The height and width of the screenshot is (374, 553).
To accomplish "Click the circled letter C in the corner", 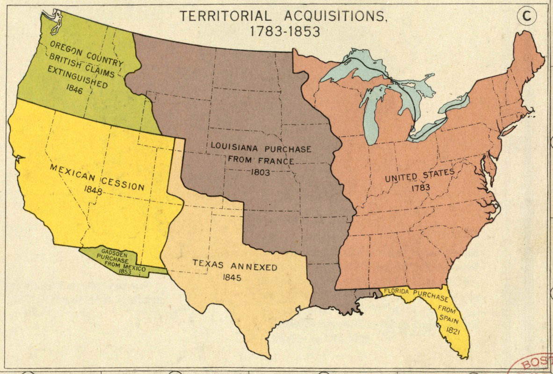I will pyautogui.click(x=527, y=16).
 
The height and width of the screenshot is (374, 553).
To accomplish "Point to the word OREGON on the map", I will pyautogui.click(x=65, y=48).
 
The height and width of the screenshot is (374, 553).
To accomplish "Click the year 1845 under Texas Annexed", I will pyautogui.click(x=233, y=278).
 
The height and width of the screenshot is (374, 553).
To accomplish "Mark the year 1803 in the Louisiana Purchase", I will pyautogui.click(x=260, y=172).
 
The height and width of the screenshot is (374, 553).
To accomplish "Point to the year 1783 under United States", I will pyautogui.click(x=420, y=187).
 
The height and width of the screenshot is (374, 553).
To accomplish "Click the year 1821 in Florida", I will pyautogui.click(x=452, y=331).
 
